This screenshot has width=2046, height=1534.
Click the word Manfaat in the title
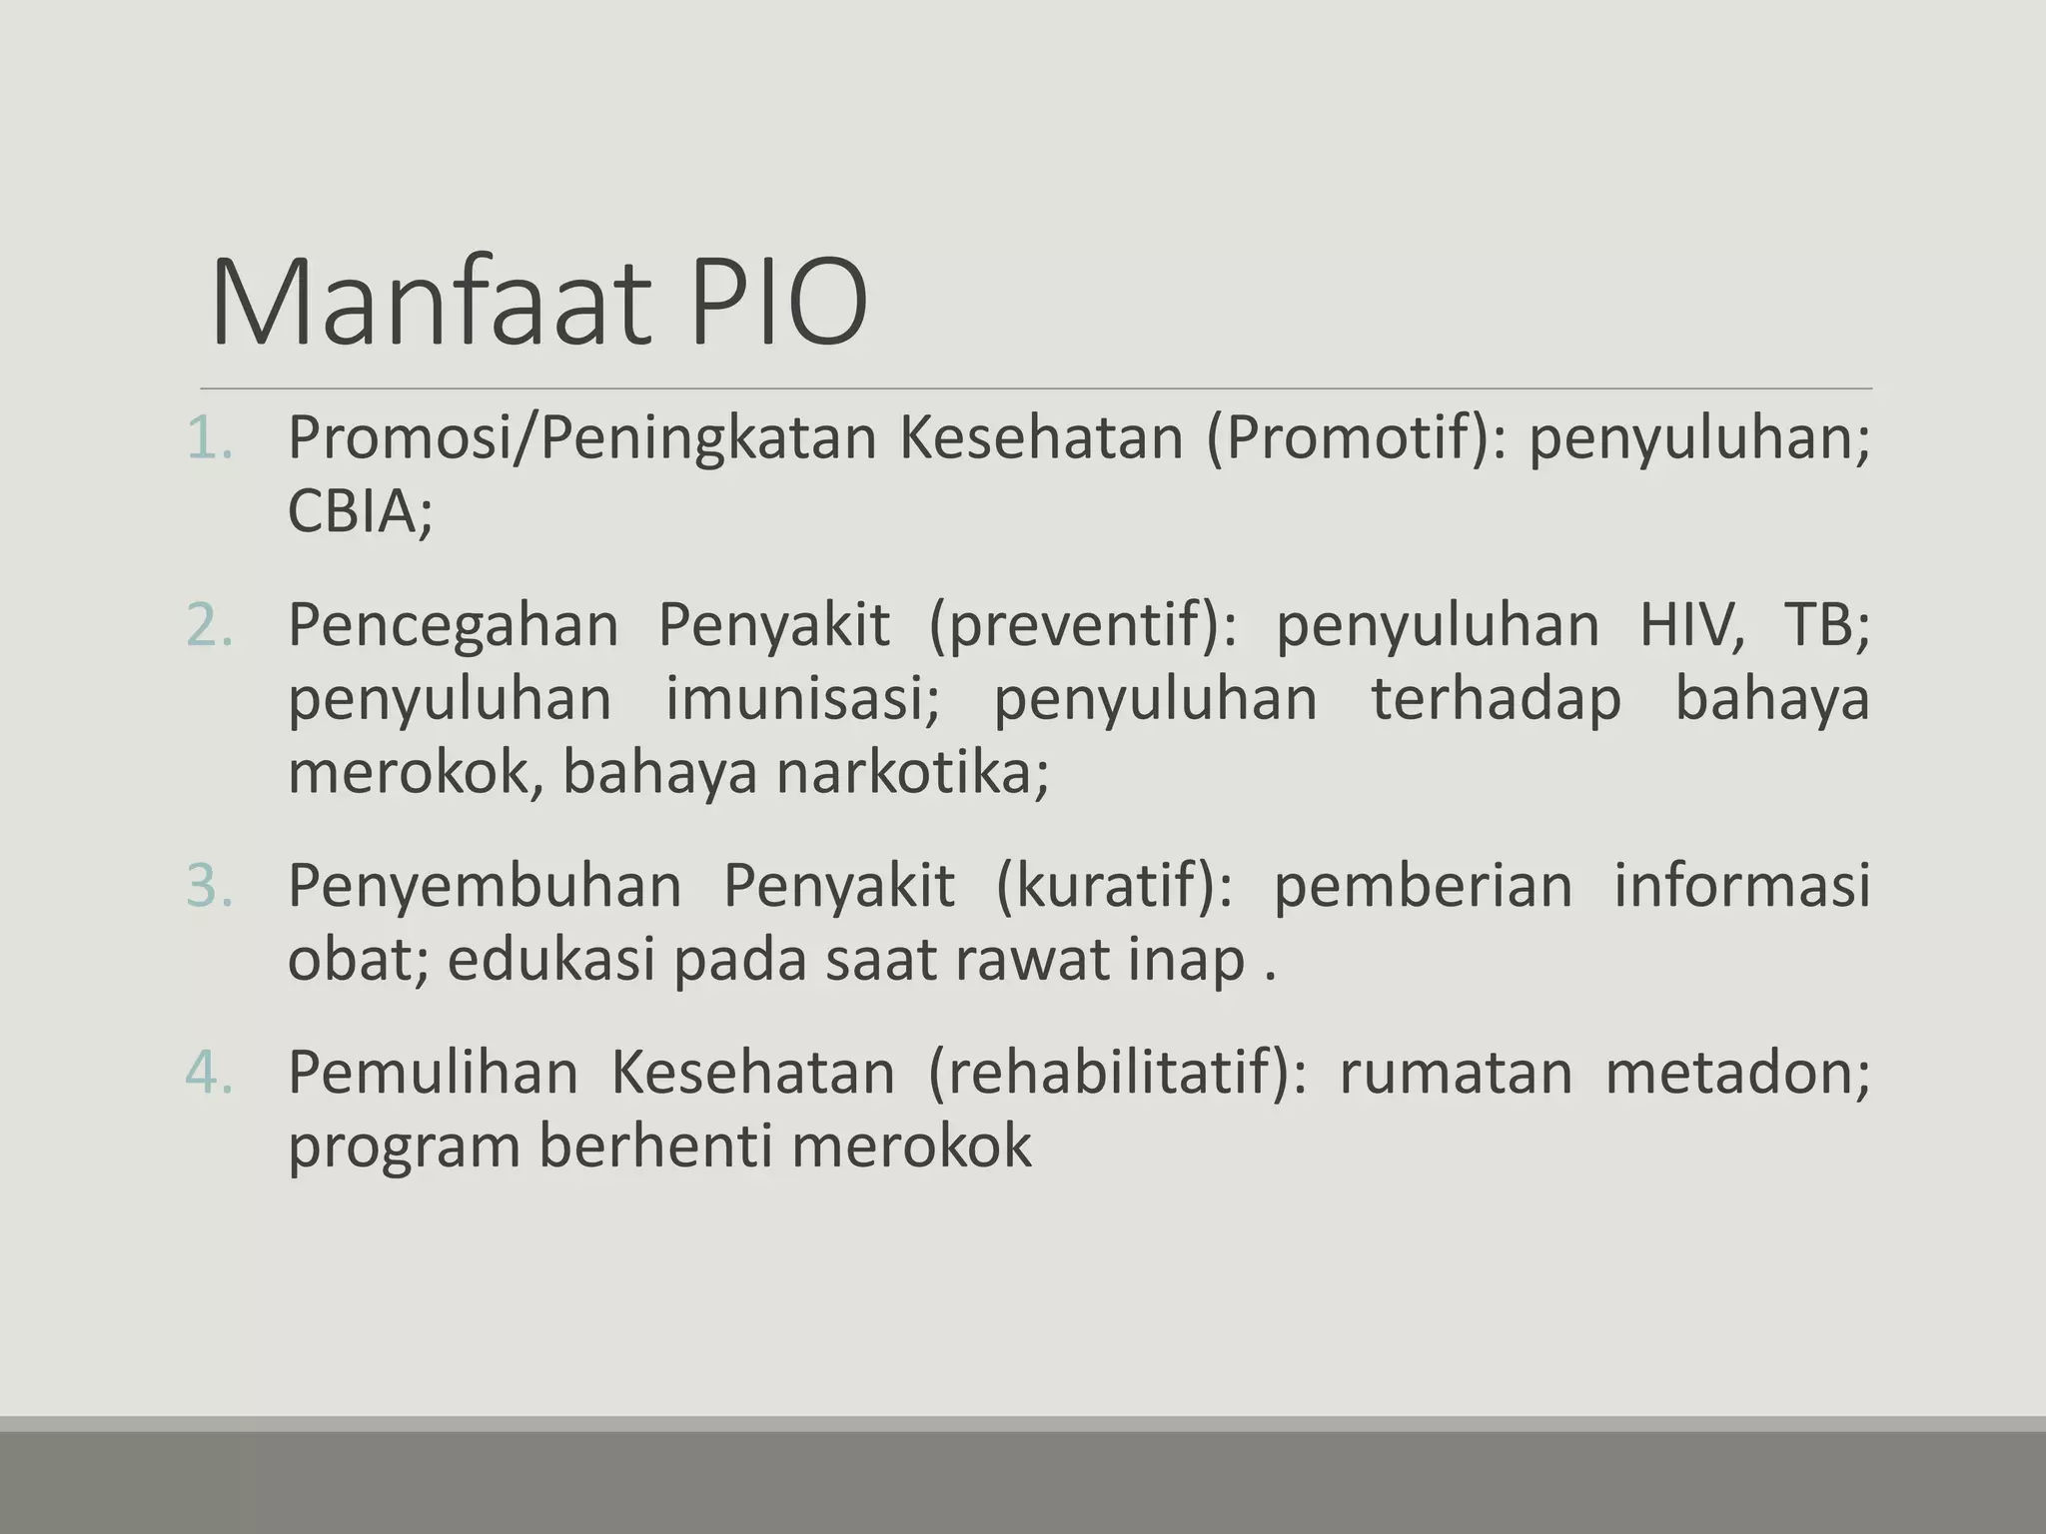430,302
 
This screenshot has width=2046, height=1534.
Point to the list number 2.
209,625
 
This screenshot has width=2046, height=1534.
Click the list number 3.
209,885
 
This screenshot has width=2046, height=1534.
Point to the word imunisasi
802,698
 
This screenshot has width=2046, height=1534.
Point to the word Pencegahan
454,627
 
